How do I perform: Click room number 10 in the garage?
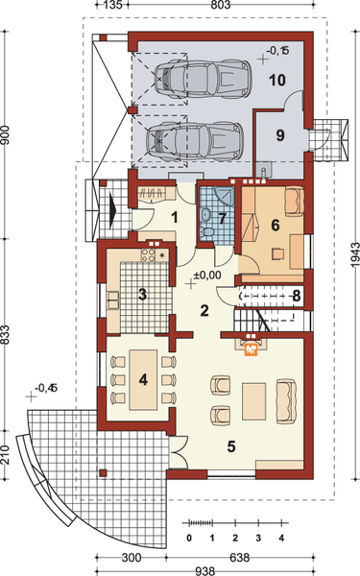tap(277, 80)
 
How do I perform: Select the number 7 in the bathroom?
tap(222, 219)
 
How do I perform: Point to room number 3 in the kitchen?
tap(142, 294)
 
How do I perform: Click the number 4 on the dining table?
tap(142, 378)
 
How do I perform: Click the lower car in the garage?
tap(190, 141)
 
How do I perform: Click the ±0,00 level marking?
tap(207, 276)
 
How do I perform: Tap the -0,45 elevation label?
tap(46, 388)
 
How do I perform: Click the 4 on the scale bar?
tap(281, 538)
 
